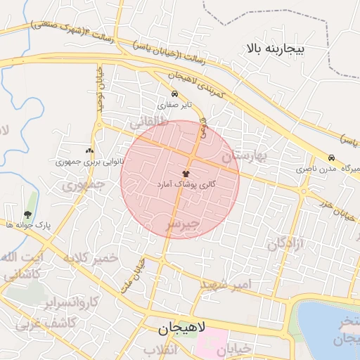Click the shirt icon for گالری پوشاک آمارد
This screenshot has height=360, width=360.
(x=186, y=173)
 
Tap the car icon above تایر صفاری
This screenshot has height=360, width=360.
(x=174, y=94)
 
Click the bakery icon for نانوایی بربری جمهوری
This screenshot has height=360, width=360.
(x=89, y=150)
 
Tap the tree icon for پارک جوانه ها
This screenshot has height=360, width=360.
(x=27, y=214)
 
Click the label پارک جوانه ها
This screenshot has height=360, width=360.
(x=27, y=225)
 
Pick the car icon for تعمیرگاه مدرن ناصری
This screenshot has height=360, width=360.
(x=331, y=157)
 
